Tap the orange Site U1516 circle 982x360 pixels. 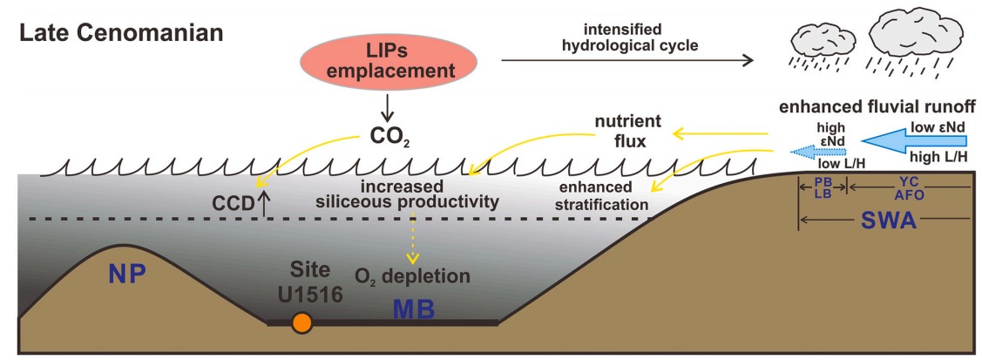[x=301, y=323]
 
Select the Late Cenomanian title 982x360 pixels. [x=122, y=35]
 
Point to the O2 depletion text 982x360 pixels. [x=412, y=276]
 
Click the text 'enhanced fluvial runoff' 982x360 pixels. [x=877, y=107]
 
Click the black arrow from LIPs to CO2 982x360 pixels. [x=389, y=107]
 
